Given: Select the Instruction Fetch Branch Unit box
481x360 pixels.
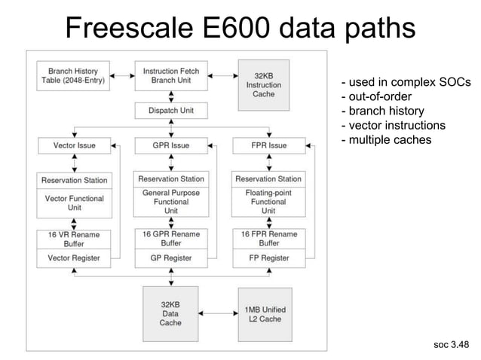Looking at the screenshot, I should [x=170, y=75].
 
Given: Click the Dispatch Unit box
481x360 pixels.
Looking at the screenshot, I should [x=170, y=110].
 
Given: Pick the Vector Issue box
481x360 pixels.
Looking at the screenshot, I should [x=74, y=145].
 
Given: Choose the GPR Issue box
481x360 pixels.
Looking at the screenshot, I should [x=170, y=145].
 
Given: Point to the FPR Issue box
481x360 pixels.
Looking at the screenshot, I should [x=268, y=145].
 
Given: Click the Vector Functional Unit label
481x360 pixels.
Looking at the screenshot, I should [x=74, y=203].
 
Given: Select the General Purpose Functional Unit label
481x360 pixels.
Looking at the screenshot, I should [x=170, y=202].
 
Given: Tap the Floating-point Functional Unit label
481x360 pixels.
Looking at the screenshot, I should [x=268, y=202].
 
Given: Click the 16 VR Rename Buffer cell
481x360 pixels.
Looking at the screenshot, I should [x=74, y=239].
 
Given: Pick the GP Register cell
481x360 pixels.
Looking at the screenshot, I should [x=170, y=258].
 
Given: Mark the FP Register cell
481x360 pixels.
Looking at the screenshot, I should [x=268, y=258].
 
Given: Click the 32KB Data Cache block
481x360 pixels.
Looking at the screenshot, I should [x=170, y=313].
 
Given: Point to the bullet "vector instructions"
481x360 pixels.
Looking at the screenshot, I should [x=393, y=125].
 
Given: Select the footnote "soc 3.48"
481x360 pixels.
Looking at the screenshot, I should [x=451, y=345].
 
